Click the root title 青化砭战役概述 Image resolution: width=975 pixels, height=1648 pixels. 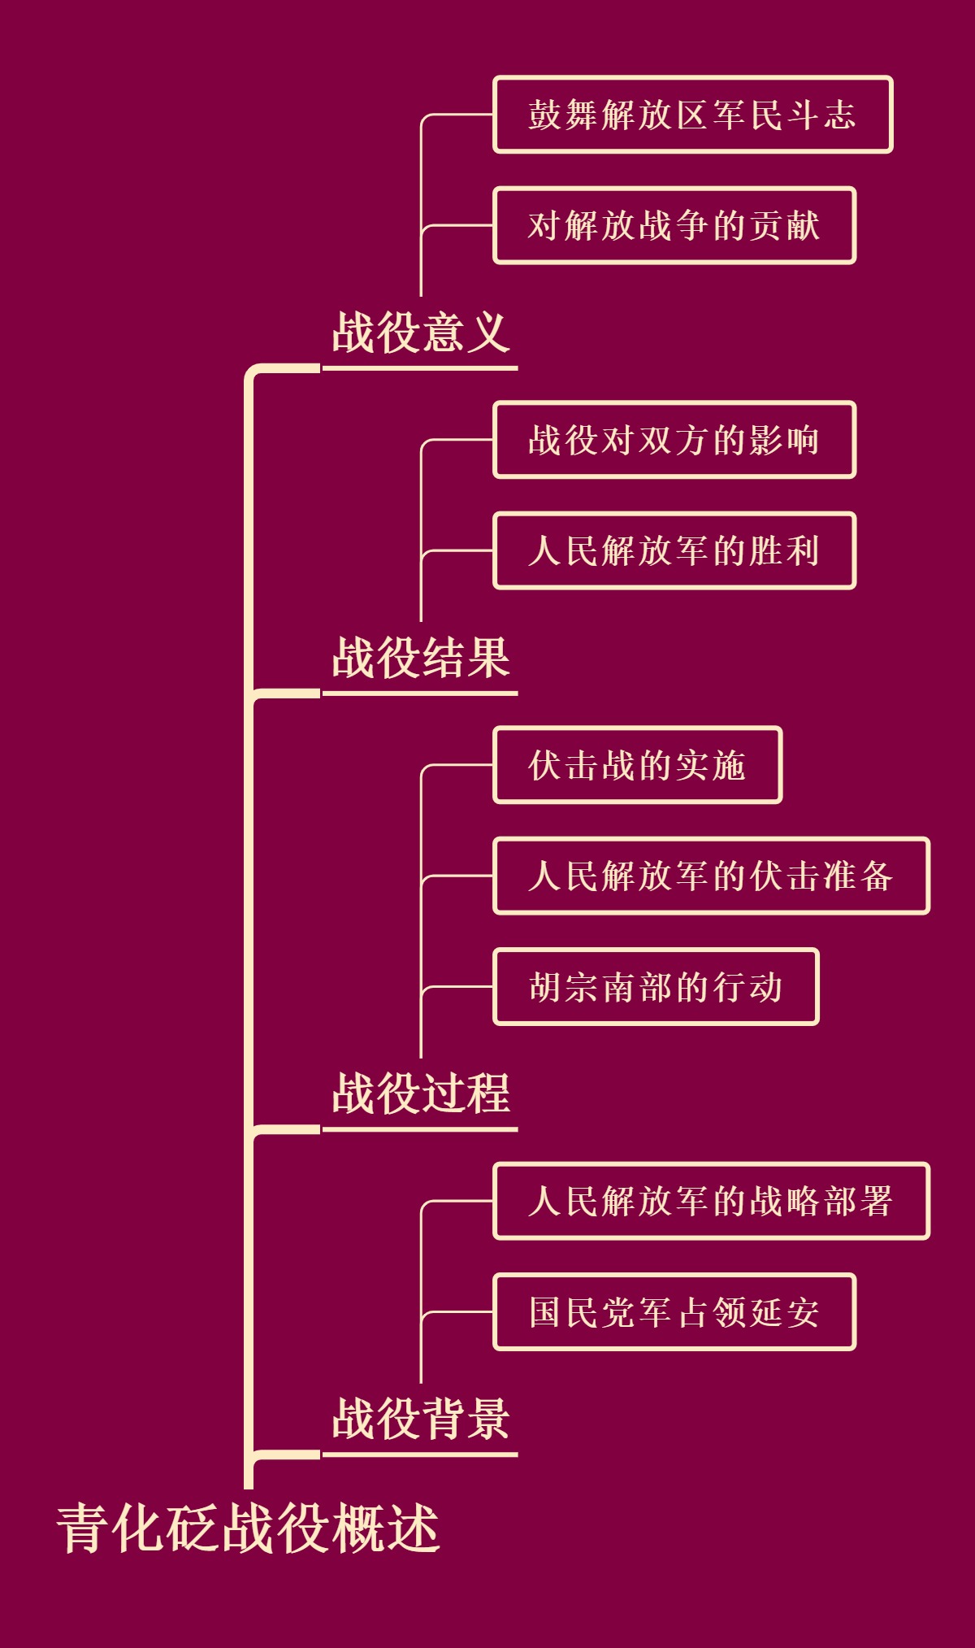(x=248, y=1529)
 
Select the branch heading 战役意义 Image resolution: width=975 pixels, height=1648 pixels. (x=420, y=333)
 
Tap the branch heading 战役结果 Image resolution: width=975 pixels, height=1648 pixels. (x=420, y=658)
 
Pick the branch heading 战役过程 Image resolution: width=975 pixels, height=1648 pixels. (x=420, y=1094)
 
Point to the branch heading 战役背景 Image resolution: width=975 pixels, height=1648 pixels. (x=420, y=1419)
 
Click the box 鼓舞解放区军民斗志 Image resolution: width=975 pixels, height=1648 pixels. (x=692, y=115)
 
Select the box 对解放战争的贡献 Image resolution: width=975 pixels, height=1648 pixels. (x=674, y=225)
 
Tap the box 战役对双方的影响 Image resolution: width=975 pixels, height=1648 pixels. (x=674, y=440)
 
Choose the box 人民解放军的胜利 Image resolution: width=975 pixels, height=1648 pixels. (x=674, y=550)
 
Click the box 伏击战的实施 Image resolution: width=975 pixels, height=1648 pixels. (x=637, y=765)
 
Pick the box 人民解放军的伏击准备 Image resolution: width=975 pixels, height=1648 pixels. (x=711, y=876)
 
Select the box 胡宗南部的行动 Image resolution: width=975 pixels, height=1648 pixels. (x=656, y=987)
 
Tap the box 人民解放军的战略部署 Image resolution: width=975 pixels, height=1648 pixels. (x=711, y=1201)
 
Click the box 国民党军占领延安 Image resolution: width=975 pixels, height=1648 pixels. (x=674, y=1312)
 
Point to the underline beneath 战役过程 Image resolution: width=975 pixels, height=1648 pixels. (x=420, y=1129)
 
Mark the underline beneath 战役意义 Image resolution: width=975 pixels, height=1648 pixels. (x=420, y=368)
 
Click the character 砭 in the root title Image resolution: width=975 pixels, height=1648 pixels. (x=193, y=1529)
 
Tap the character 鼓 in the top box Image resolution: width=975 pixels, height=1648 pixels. (x=545, y=115)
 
